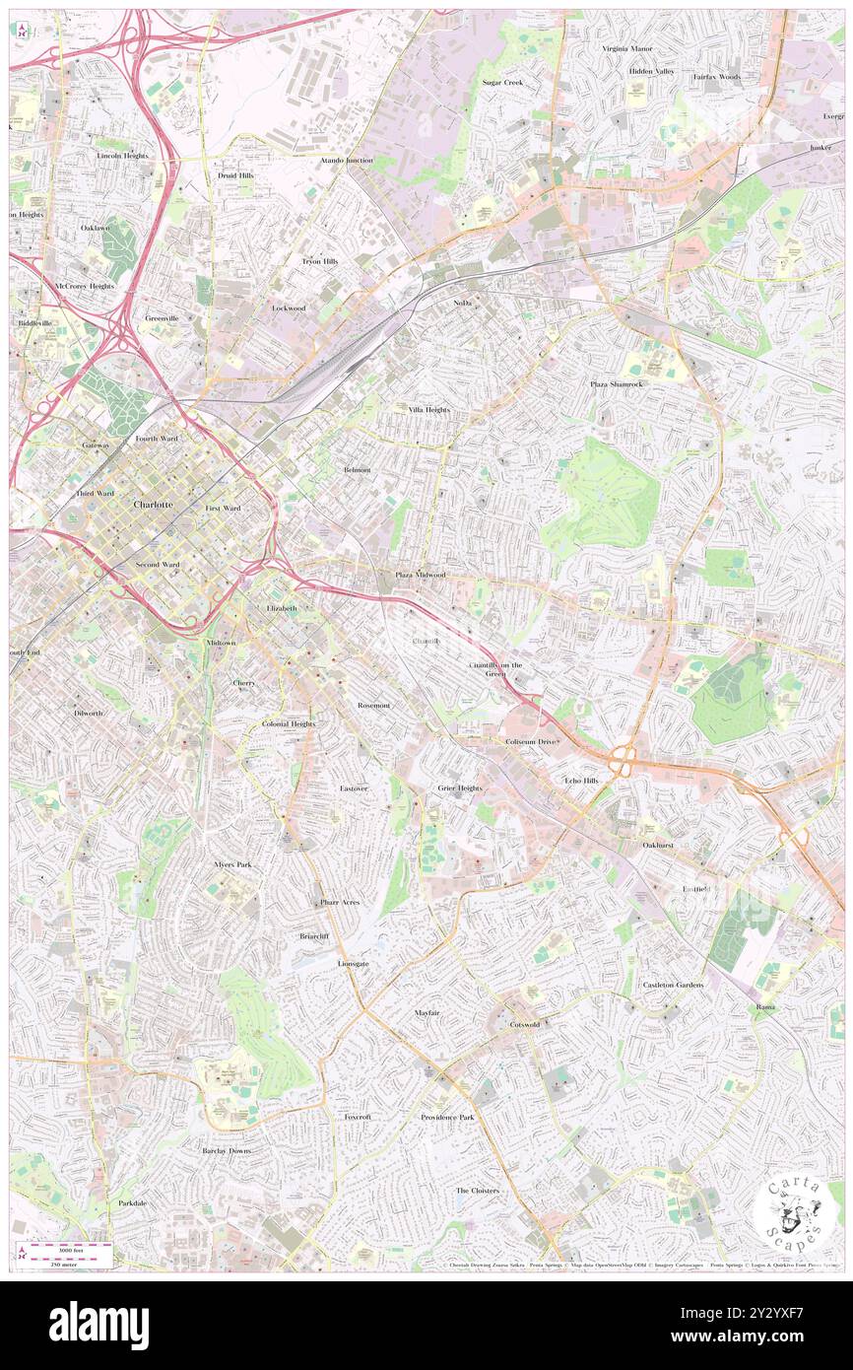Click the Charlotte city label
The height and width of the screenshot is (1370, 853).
coord(153,504)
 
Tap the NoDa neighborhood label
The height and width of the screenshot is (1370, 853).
coord(463,303)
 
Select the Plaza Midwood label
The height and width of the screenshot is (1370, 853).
coord(421,574)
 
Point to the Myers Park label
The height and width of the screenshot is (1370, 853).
coord(232,864)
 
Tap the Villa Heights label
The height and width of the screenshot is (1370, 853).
coord(428,408)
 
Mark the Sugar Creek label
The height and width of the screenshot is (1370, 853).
coord(502,82)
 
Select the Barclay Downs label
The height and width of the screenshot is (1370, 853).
coord(227,1150)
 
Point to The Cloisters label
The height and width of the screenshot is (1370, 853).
coord(477,1190)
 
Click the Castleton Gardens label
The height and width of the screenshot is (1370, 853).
coord(673,985)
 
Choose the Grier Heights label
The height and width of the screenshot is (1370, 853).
coord(460,788)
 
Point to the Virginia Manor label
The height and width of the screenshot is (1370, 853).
coord(627,47)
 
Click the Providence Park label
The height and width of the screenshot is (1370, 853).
coord(447,1117)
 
